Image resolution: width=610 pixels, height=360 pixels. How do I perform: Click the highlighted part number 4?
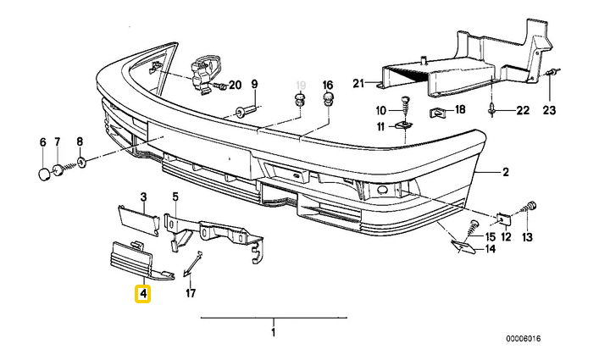pyautogui.click(x=143, y=295)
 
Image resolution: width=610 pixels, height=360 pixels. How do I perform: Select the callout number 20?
pyautogui.click(x=235, y=84)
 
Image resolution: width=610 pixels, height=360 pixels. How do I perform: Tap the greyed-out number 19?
pyautogui.click(x=299, y=84)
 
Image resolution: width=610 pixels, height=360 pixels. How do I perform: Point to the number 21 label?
pyautogui.click(x=358, y=82)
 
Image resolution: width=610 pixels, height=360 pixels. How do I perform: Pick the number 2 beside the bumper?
pyautogui.click(x=505, y=173)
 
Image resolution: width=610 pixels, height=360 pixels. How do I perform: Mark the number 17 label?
pyautogui.click(x=191, y=294)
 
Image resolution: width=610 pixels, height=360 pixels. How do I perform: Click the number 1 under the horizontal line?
pyautogui.click(x=273, y=332)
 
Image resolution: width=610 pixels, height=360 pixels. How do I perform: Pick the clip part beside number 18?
pyautogui.click(x=438, y=110)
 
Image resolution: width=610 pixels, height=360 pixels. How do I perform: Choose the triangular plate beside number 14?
pyautogui.click(x=463, y=246)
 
